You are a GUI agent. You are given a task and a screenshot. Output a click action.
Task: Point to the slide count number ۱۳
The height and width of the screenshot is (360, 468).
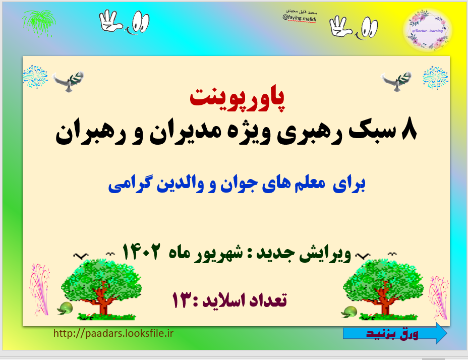pyautogui.click(x=184, y=300)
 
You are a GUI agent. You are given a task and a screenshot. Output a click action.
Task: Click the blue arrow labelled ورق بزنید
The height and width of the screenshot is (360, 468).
pyautogui.click(x=395, y=333)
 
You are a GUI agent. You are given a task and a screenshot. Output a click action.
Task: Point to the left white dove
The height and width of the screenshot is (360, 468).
pyautogui.click(x=69, y=81)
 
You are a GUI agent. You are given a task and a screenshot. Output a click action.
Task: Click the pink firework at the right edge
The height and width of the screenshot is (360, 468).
pyautogui.click(x=437, y=295)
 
